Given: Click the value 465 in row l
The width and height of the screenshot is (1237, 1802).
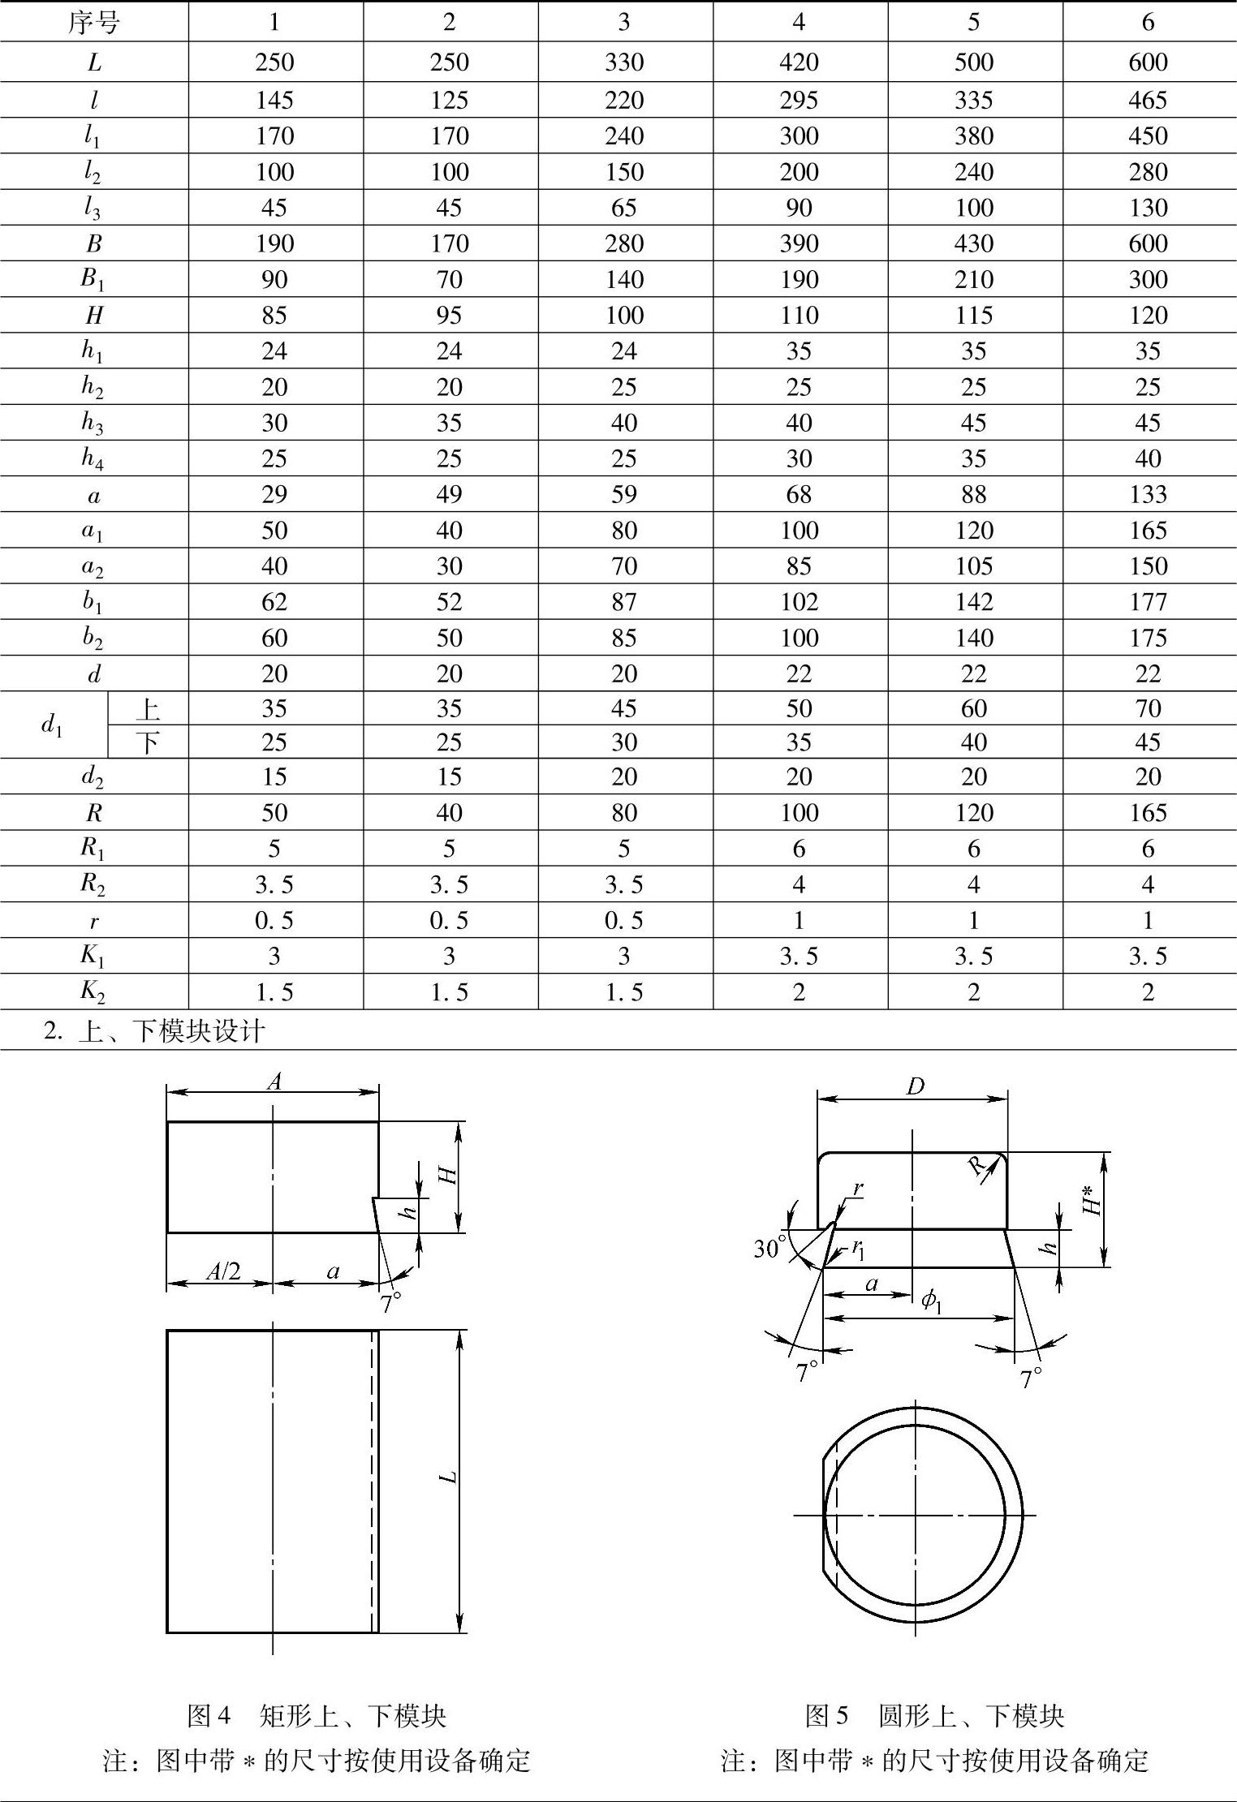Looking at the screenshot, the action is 1148,100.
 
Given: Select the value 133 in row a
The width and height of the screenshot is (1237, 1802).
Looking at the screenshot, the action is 1148,494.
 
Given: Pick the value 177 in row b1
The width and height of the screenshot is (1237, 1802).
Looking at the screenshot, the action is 1148,601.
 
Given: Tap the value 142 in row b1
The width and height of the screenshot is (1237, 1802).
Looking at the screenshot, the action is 973,601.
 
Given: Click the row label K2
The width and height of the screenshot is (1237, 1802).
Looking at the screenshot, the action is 93,992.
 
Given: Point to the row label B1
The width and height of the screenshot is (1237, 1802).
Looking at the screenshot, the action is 93,280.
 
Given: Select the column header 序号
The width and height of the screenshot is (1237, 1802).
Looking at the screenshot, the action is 93,22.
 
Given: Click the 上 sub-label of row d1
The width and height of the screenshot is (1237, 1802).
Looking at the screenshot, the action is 148,709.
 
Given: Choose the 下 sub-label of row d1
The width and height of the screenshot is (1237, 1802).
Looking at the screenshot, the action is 148,742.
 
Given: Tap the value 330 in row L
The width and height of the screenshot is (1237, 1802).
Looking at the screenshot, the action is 623,62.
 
